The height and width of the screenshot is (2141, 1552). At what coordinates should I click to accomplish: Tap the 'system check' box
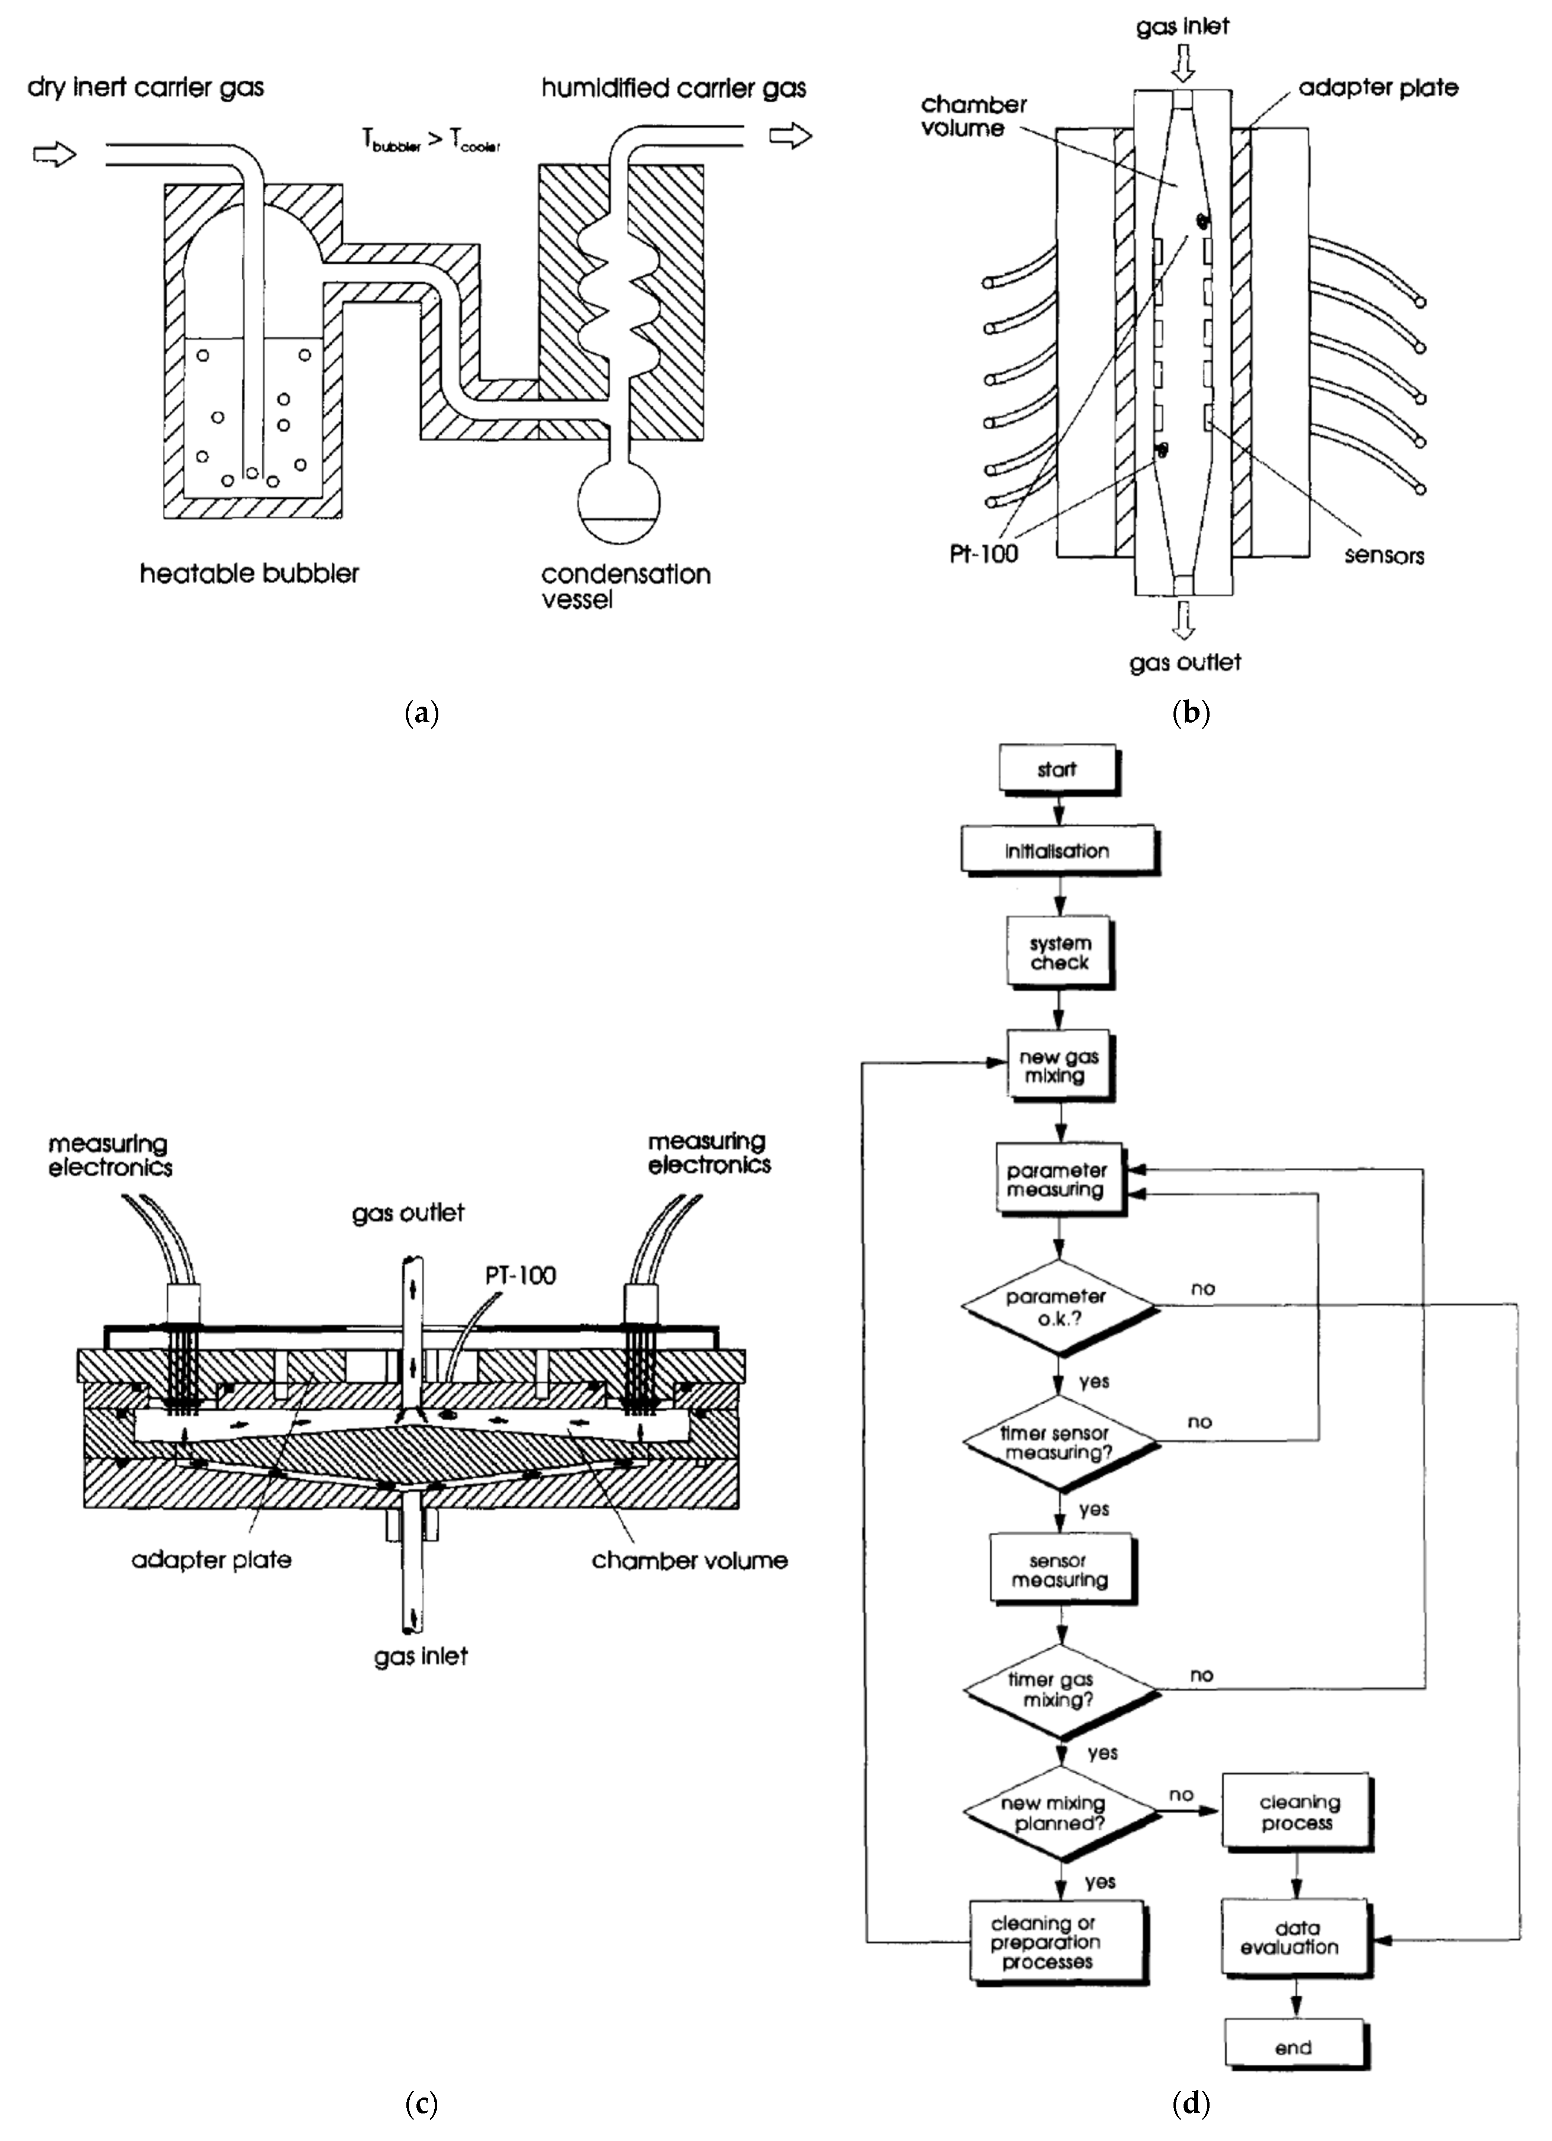1059,954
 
